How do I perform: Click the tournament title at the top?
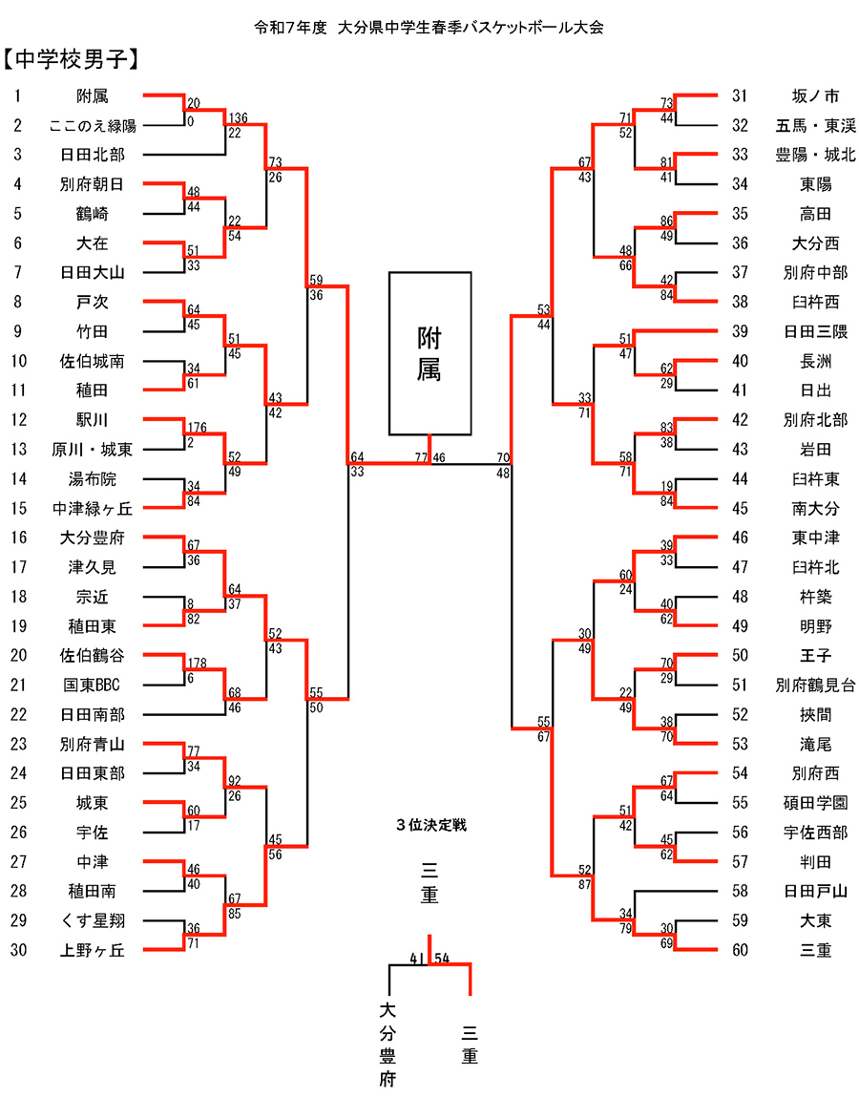coord(429,27)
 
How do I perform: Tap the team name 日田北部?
coord(92,155)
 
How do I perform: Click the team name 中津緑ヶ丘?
coord(92,508)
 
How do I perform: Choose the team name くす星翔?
coord(92,920)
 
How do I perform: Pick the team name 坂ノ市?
coord(815,95)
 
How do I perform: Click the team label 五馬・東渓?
coord(815,125)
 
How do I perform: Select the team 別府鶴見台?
coord(815,685)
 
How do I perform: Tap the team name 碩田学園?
coord(815,803)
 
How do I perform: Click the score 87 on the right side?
coord(584,884)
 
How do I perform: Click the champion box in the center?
coord(429,353)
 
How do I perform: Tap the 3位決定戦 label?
coord(431,823)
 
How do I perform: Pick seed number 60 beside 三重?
coord(741,950)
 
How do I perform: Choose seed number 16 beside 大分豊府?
coord(18,538)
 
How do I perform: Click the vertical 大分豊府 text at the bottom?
coord(388,1044)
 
